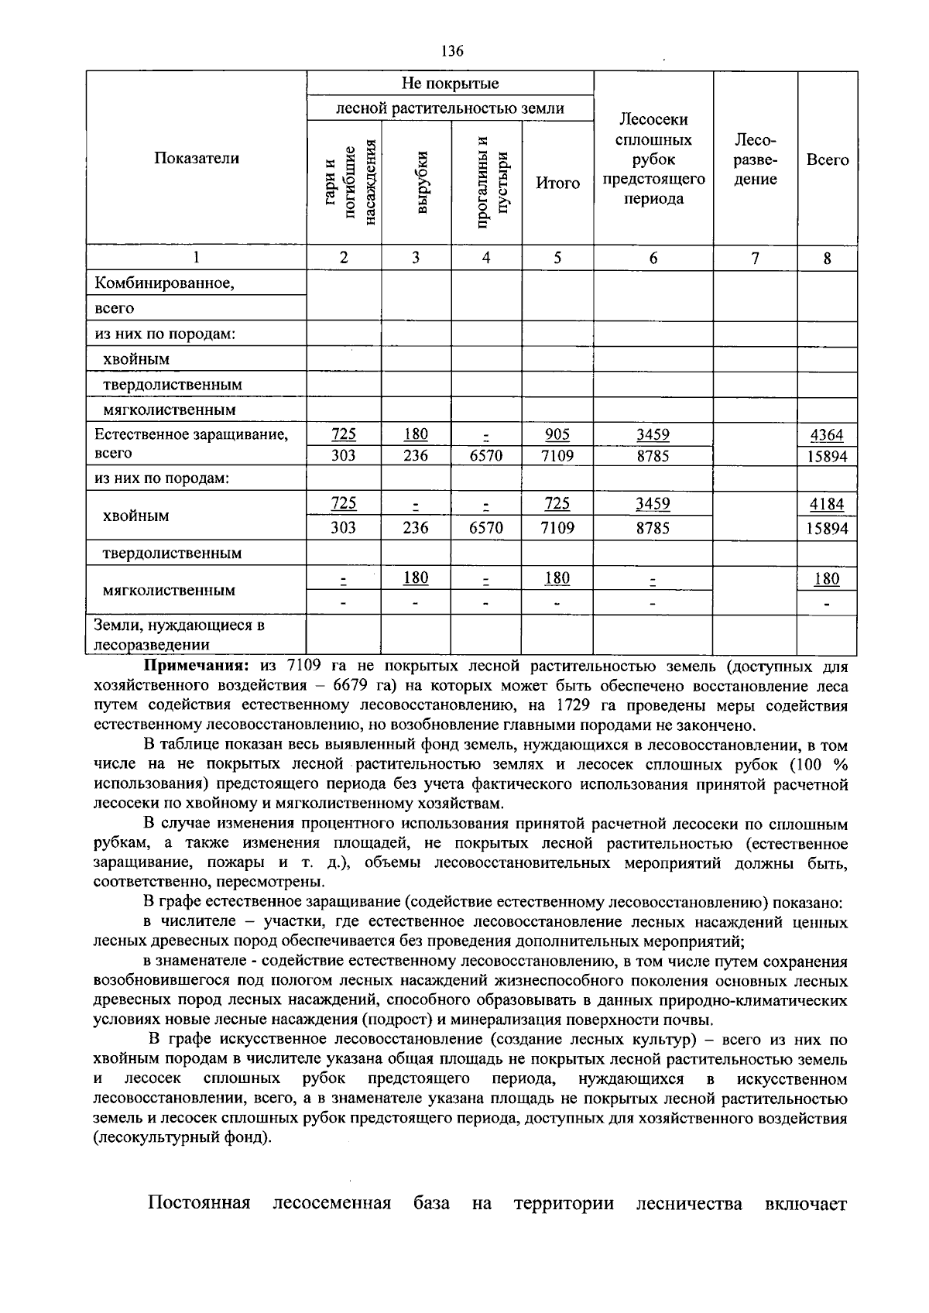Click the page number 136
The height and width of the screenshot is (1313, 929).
click(452, 52)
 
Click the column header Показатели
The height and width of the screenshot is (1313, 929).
click(196, 158)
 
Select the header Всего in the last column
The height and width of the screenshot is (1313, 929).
click(827, 159)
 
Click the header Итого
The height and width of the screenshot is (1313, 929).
click(557, 183)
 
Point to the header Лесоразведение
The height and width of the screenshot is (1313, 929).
click(755, 159)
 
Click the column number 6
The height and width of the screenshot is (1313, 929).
click(653, 258)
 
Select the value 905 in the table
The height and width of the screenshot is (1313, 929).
click(557, 434)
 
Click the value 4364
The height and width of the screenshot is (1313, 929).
click(827, 435)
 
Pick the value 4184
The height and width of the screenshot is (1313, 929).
click(827, 504)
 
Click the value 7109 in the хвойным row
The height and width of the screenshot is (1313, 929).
click(557, 528)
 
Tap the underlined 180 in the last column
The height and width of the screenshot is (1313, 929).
click(827, 579)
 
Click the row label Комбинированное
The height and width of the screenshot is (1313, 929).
click(164, 283)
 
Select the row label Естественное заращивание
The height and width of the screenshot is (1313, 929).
click(190, 434)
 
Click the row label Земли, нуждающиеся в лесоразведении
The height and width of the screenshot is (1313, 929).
click(180, 634)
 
